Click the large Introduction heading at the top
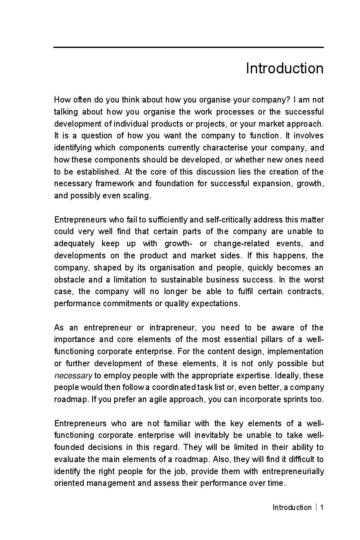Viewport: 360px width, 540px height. pos(285,68)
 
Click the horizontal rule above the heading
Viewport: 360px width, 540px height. pos(188,47)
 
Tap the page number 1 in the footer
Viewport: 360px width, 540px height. pos(322,507)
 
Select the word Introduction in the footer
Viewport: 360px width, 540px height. pos(292,507)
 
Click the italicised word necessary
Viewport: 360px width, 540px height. pos(73,375)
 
